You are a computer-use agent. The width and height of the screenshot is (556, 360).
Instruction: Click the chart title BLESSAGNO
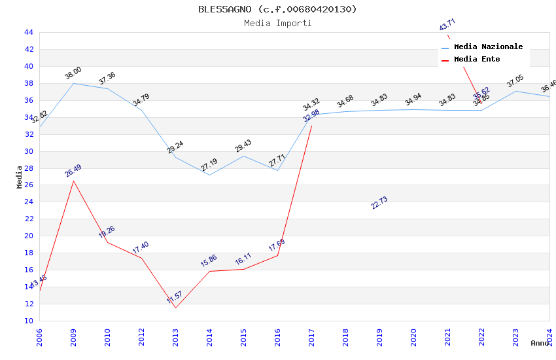pyautogui.click(x=277, y=9)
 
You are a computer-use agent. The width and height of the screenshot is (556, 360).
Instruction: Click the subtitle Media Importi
pyautogui.click(x=277, y=23)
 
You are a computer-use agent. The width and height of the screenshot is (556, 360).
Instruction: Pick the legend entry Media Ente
pyautogui.click(x=477, y=59)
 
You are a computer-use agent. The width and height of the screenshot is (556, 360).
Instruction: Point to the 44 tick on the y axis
pyautogui.click(x=28, y=32)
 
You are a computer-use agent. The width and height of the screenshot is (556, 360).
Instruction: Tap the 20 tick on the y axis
pyautogui.click(x=28, y=236)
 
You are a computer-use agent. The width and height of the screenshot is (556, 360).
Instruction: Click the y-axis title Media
pyautogui.click(x=20, y=177)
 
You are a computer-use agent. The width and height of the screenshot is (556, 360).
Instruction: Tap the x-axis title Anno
pyautogui.click(x=539, y=343)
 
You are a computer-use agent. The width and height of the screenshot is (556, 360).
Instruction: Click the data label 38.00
pyautogui.click(x=73, y=73)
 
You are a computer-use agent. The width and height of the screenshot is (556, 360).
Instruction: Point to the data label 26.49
pyautogui.click(x=73, y=171)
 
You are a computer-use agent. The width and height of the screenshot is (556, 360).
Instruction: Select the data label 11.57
pyautogui.click(x=175, y=298)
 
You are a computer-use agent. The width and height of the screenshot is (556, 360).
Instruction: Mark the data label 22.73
pyautogui.click(x=379, y=203)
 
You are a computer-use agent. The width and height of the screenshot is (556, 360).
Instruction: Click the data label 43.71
pyautogui.click(x=447, y=25)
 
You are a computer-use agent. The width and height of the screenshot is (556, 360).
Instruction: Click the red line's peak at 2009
pyautogui.click(x=73, y=181)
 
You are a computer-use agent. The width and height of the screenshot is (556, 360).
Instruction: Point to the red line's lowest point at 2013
pyautogui.click(x=175, y=308)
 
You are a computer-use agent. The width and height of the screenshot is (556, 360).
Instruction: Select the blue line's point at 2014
pyautogui.click(x=209, y=175)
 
